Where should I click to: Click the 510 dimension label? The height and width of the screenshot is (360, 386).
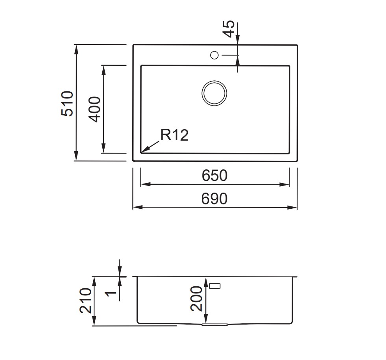coord(67,104)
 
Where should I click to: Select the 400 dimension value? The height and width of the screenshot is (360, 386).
coord(94,109)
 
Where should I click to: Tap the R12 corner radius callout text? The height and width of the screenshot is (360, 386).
coord(174,135)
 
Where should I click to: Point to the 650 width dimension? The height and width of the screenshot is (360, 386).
coord(214,175)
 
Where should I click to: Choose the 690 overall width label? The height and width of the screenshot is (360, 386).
coord(214,199)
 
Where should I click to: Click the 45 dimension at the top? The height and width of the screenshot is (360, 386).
coord(229,29)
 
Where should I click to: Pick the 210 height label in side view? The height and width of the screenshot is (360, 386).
coord(86,301)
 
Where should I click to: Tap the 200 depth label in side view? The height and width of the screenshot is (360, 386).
coord(196,299)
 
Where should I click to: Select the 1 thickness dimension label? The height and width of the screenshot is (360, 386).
coord(110,293)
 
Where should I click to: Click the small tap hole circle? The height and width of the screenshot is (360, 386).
coord(214,55)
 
